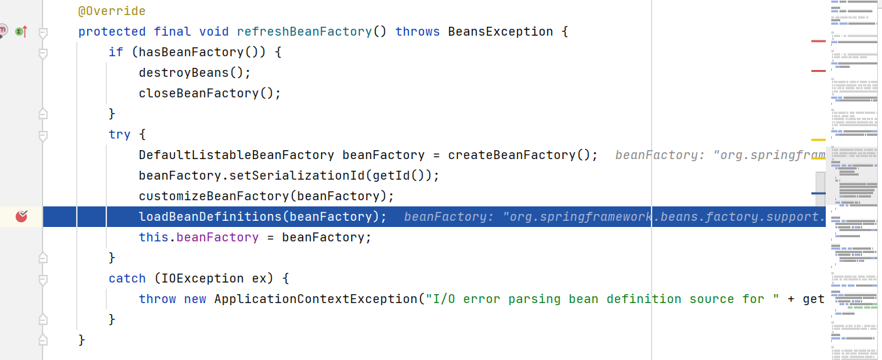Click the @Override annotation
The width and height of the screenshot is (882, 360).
[x=112, y=11]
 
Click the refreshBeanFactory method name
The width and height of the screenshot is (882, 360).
[x=304, y=32]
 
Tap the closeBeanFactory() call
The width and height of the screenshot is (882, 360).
[x=210, y=93]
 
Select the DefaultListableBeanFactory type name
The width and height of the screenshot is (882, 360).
[x=236, y=155]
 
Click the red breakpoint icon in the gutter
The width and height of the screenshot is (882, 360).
[x=21, y=217]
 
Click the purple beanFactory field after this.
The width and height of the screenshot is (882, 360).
[x=217, y=237]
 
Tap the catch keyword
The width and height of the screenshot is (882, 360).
[x=127, y=278]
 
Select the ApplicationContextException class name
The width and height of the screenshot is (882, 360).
[x=315, y=299]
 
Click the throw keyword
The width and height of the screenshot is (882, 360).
[x=157, y=299]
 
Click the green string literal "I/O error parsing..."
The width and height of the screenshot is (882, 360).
[x=553, y=299]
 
